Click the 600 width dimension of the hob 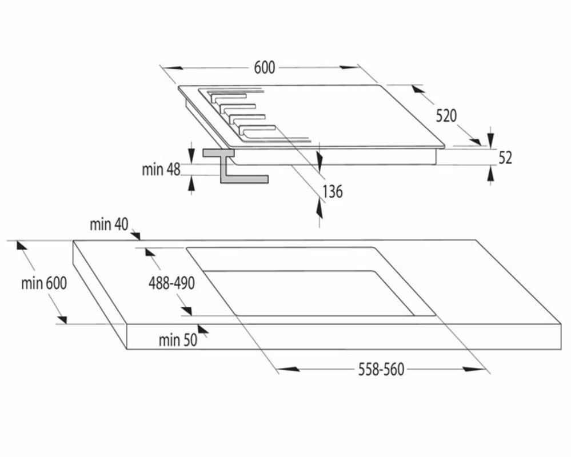265,67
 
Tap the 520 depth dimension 446,116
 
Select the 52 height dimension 505,157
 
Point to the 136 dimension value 332,192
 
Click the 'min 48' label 161,169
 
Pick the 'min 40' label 109,225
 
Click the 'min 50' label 177,340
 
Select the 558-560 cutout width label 381,370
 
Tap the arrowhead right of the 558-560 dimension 473,370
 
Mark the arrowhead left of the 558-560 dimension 289,370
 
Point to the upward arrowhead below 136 319,210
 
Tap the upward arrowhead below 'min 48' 191,182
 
